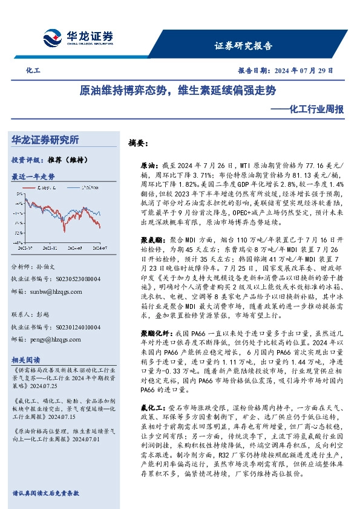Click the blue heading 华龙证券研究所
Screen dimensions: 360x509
point(45,140)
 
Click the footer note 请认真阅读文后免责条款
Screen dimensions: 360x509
point(45,493)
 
